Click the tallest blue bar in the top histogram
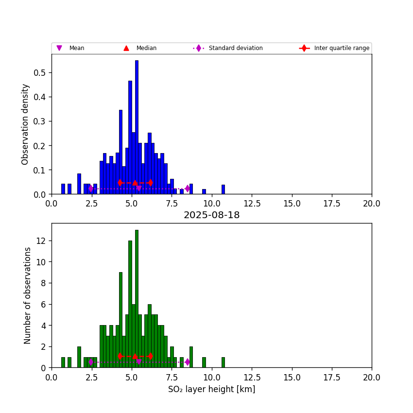(x=137, y=127)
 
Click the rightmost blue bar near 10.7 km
(x=223, y=189)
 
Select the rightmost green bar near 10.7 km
(x=223, y=362)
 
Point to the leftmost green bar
(x=63, y=362)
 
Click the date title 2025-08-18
(x=211, y=215)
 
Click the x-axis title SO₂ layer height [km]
(x=211, y=389)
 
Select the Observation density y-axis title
(x=25, y=124)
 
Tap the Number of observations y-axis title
(x=28, y=295)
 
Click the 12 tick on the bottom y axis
(x=42, y=241)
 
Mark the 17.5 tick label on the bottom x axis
(x=331, y=377)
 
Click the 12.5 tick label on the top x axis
(x=252, y=204)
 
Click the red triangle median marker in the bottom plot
(x=135, y=356)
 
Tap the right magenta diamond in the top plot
(x=188, y=189)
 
